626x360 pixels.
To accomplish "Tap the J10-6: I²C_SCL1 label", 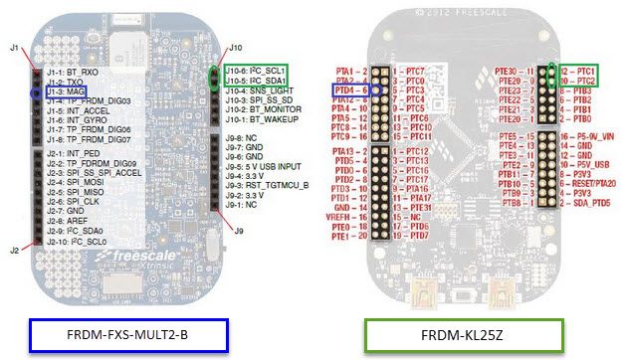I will [x=259, y=72].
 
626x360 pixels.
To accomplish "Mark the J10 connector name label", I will [x=235, y=47].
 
